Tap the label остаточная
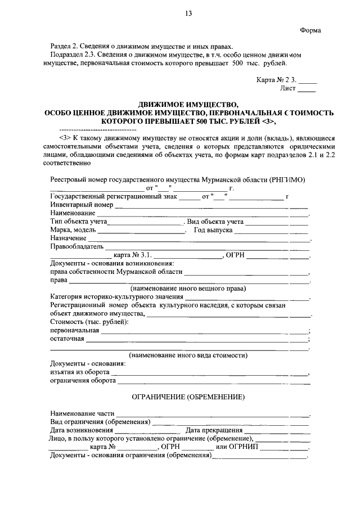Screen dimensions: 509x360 click(67, 339)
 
